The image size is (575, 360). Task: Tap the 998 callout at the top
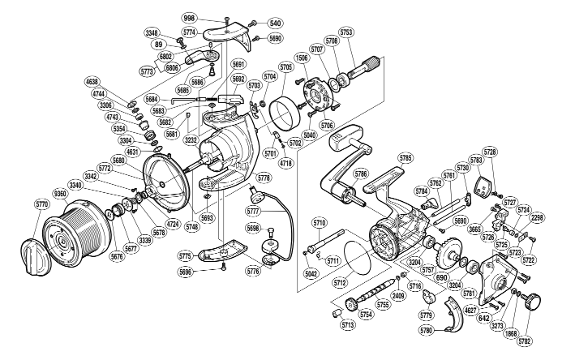coord(212,18)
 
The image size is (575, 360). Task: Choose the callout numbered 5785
coord(406,157)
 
